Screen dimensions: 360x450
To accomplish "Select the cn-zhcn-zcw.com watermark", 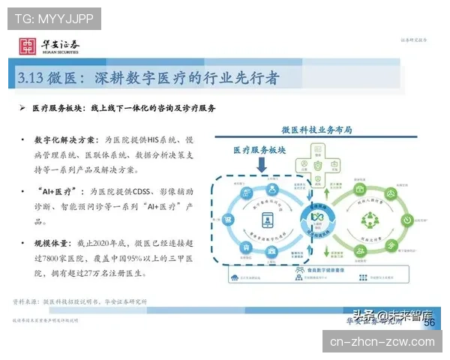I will (x=382, y=342).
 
